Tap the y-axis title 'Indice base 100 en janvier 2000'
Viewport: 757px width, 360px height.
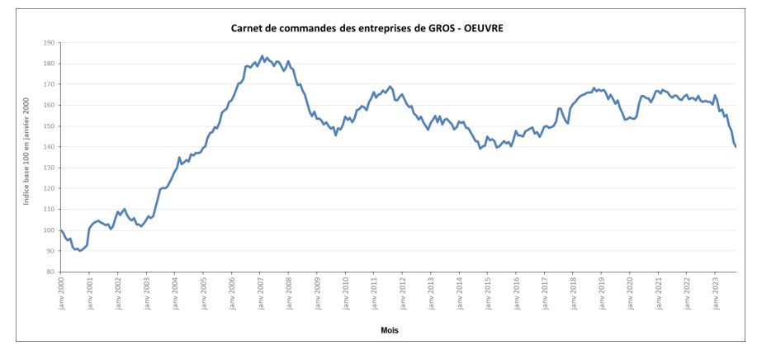click(x=27, y=156)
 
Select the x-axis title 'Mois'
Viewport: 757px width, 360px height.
click(x=390, y=329)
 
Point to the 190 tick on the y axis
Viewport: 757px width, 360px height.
click(x=49, y=42)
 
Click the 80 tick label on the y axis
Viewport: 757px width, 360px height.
click(x=50, y=272)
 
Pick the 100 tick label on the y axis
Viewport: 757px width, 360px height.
click(x=49, y=230)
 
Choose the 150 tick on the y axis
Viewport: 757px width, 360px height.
click(x=49, y=126)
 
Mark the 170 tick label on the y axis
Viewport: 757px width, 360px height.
click(x=49, y=84)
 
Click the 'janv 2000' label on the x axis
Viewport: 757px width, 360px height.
click(x=61, y=292)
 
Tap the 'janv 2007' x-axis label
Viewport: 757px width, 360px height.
click(x=261, y=292)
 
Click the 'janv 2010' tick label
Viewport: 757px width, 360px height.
click(x=346, y=292)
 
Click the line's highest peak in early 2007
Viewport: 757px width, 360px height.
click(x=262, y=56)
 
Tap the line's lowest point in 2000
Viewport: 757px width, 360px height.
click(x=79, y=250)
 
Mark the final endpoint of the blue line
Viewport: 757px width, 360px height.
click(x=736, y=146)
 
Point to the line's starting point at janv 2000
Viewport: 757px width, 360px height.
click(x=61, y=230)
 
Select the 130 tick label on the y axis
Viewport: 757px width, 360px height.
click(x=49, y=168)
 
